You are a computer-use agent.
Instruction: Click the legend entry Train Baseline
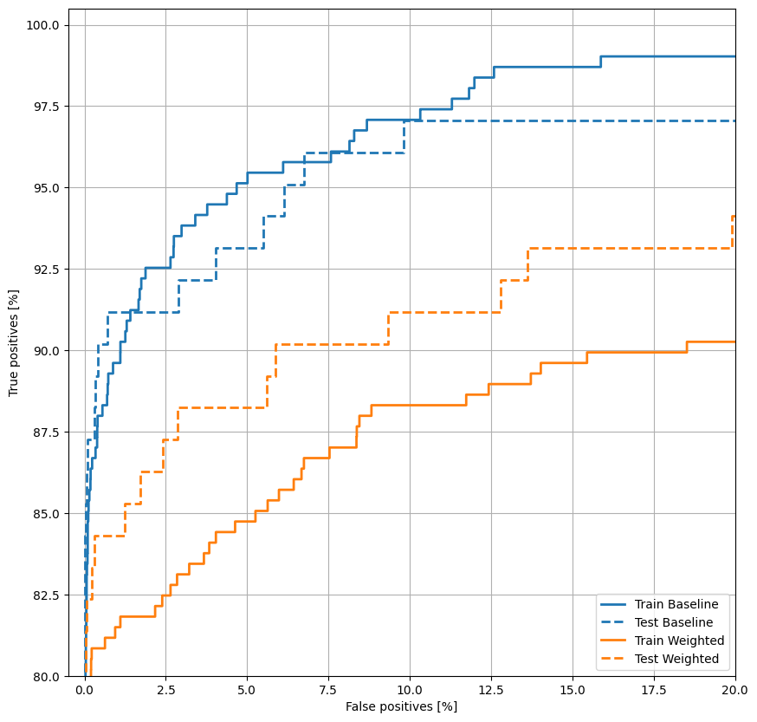pos(676,604)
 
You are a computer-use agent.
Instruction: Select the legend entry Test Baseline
pos(674,622)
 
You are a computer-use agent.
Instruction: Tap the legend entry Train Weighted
pos(679,641)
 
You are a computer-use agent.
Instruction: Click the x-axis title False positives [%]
pos(401,706)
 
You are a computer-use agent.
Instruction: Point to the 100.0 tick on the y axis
pos(42,25)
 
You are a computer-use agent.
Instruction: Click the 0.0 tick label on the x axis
pos(85,691)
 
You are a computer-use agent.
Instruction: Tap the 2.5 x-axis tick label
pos(166,691)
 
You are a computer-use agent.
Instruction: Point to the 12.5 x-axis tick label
pos(491,691)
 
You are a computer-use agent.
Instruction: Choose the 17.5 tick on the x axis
pos(654,691)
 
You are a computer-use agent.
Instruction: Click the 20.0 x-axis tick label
pos(734,691)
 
